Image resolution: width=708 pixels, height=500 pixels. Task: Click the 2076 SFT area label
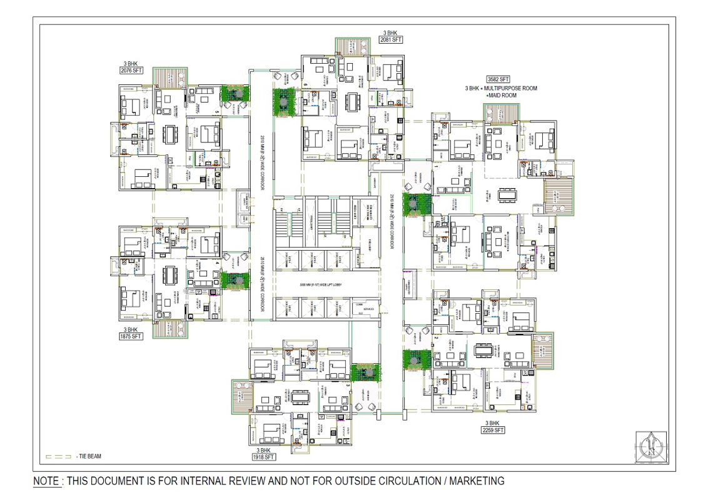132,71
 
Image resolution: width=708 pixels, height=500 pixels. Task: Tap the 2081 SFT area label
391,39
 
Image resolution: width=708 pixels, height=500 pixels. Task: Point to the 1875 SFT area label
131,336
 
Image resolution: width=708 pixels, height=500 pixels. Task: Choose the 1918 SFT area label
265,457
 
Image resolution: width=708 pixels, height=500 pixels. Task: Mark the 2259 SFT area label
493,430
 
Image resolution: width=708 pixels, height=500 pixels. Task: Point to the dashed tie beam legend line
58,456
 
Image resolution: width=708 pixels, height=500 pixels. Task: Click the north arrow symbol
651,447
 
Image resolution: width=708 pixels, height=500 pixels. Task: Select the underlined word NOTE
47,481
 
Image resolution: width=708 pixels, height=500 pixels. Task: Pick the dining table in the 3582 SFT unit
507,194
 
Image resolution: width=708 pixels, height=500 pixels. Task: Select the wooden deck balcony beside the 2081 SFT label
350,46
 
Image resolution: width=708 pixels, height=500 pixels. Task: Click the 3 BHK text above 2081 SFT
391,32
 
